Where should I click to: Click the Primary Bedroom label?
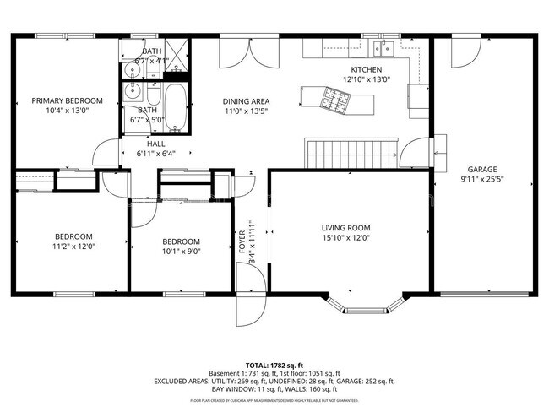(x=67, y=100)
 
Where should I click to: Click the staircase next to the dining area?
(x=351, y=154)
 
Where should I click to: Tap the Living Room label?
(x=346, y=228)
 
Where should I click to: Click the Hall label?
(x=156, y=144)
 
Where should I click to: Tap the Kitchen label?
(x=367, y=69)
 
